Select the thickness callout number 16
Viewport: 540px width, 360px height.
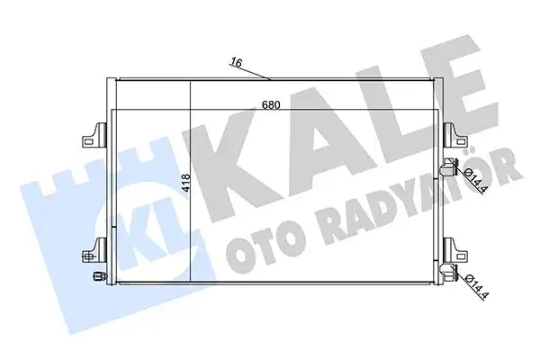[236, 63]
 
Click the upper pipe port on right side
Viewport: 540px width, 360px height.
[447, 168]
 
